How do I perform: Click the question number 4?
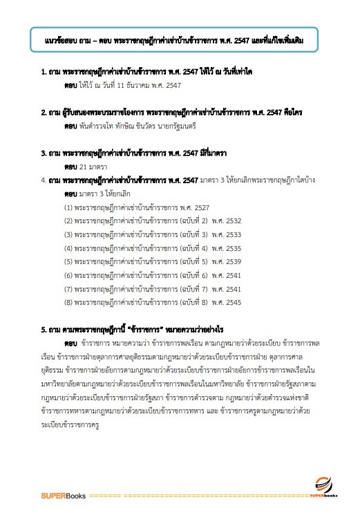pos(43,180)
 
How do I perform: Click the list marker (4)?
pos(69,247)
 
